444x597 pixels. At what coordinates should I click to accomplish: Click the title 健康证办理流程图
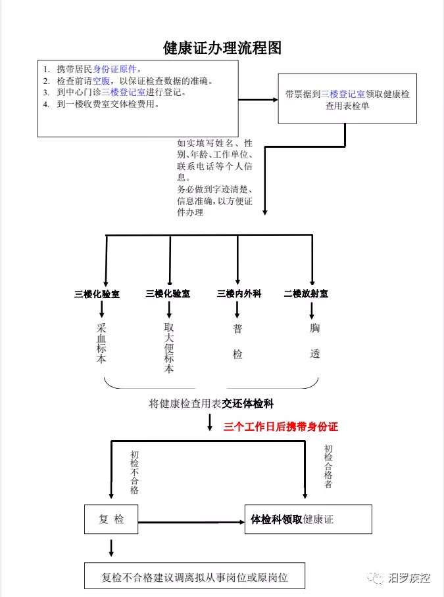coord(222,48)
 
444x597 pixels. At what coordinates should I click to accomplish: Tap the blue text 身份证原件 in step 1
coord(114,70)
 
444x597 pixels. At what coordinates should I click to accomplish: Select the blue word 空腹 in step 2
coord(101,81)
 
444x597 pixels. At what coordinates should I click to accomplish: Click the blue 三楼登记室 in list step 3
coord(123,92)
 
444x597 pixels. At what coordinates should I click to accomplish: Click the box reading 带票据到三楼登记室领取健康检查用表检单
coord(347,99)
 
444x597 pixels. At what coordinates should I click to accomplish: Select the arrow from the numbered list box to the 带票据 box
coord(259,100)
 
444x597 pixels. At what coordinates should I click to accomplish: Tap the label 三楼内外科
coord(239,294)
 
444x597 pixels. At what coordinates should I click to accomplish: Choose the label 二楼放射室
coord(306,294)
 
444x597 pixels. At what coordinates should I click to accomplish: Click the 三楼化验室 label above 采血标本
coord(97,294)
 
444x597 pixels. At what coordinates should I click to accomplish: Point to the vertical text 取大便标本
coord(169,347)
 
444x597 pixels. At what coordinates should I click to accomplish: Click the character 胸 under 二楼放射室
coord(314,328)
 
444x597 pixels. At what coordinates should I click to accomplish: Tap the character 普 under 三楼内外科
coord(237,328)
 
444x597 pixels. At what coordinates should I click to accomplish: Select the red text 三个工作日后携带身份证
coord(281,426)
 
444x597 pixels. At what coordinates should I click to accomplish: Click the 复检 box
coord(111,519)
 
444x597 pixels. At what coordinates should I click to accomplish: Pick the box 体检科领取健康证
coord(308,519)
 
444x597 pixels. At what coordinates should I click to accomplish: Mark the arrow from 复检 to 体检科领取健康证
coord(191,521)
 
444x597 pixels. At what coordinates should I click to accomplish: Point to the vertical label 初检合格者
coord(328,466)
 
